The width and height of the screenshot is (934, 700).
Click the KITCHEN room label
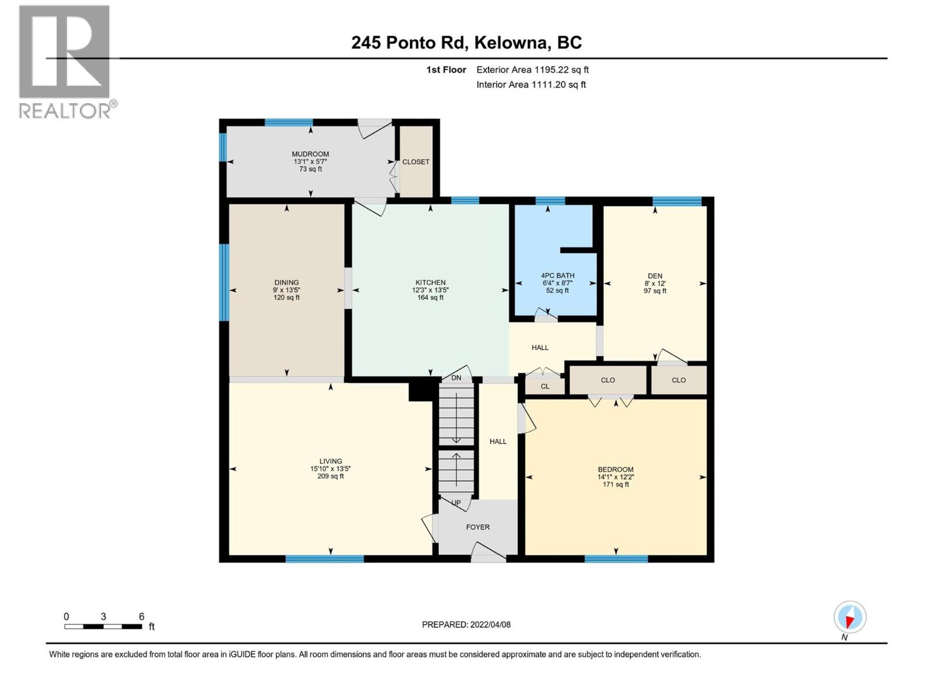click(x=430, y=282)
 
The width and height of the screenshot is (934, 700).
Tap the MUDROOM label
click(x=310, y=154)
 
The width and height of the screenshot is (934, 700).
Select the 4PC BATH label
click(x=557, y=275)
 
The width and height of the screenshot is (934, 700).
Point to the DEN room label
click(x=654, y=276)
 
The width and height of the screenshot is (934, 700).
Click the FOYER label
click(x=478, y=527)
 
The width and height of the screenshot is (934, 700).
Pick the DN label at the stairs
click(x=456, y=378)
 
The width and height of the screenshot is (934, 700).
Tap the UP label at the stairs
click(x=456, y=503)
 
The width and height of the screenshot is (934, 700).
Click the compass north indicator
click(x=849, y=618)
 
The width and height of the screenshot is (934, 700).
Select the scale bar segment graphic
click(x=103, y=626)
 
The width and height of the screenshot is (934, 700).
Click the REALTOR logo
click(x=65, y=61)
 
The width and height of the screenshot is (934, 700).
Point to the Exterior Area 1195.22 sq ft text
click(x=532, y=69)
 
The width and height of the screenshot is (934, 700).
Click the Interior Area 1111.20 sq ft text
click(x=531, y=85)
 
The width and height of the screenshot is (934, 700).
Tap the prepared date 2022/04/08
click(x=466, y=624)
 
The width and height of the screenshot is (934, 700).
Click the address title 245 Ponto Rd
click(x=466, y=43)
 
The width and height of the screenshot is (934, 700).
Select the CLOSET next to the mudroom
click(x=416, y=162)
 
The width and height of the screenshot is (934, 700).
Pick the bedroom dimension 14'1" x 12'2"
click(x=615, y=477)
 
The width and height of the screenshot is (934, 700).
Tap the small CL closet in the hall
click(x=545, y=386)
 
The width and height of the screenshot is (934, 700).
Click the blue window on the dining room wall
click(x=224, y=282)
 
